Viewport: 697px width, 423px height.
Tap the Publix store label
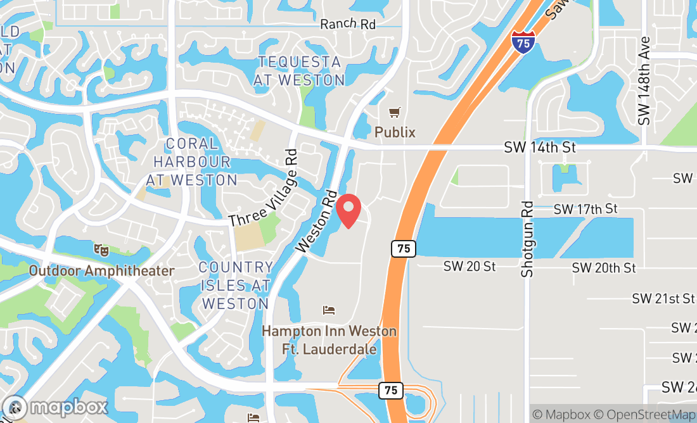pos(395,132)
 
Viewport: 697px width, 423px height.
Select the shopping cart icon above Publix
pos(395,113)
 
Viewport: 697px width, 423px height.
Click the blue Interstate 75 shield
pos(523,43)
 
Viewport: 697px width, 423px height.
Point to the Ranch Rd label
pos(348,24)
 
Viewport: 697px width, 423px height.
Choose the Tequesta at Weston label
pos(299,71)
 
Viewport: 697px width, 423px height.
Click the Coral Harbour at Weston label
pos(191,162)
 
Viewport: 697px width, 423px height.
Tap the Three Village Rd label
pos(263,188)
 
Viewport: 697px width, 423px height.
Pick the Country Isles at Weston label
pos(235,286)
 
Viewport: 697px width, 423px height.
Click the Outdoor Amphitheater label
pos(101,271)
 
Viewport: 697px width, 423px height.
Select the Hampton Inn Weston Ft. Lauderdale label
pos(329,340)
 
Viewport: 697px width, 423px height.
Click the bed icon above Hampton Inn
pos(329,310)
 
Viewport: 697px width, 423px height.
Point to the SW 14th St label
pos(540,148)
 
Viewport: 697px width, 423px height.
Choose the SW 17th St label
pos(585,209)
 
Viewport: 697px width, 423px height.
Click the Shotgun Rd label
pos(528,239)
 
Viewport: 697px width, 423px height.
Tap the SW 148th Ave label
pos(645,80)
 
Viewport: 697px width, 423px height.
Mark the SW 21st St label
pos(663,298)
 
